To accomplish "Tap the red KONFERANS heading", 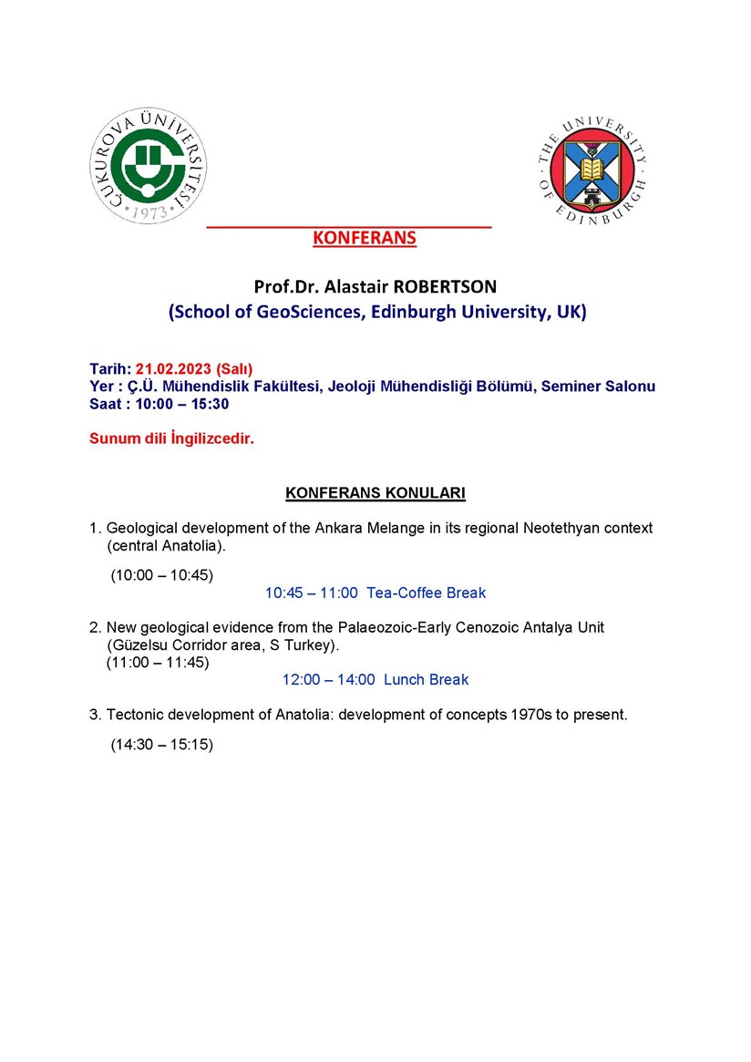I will click(364, 238).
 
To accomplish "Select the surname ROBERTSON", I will click(444, 286).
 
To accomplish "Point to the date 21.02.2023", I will click(174, 368).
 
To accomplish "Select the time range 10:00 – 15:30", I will click(181, 404).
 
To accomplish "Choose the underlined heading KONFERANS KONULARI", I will click(375, 493).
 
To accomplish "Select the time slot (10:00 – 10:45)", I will click(161, 575).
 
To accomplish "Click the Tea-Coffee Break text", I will click(426, 593).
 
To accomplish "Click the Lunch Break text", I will click(426, 679).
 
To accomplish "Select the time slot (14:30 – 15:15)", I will click(161, 745).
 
